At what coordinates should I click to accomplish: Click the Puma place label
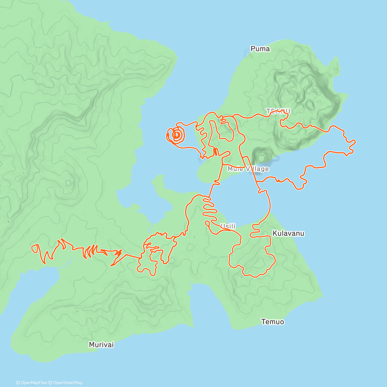[x=260, y=49]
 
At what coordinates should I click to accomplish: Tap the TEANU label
[x=278, y=111]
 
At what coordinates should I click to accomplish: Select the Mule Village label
[x=248, y=169]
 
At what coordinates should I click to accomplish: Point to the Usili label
[x=228, y=226]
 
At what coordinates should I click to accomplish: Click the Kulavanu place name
[x=288, y=233]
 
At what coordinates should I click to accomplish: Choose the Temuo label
[x=273, y=322]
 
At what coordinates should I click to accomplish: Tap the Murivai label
[x=101, y=345]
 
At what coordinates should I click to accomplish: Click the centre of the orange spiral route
[x=176, y=135]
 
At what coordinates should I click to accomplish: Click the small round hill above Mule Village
[x=261, y=156]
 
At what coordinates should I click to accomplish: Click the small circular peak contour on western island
[x=68, y=183]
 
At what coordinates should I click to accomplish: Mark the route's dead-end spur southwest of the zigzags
[x=111, y=265]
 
